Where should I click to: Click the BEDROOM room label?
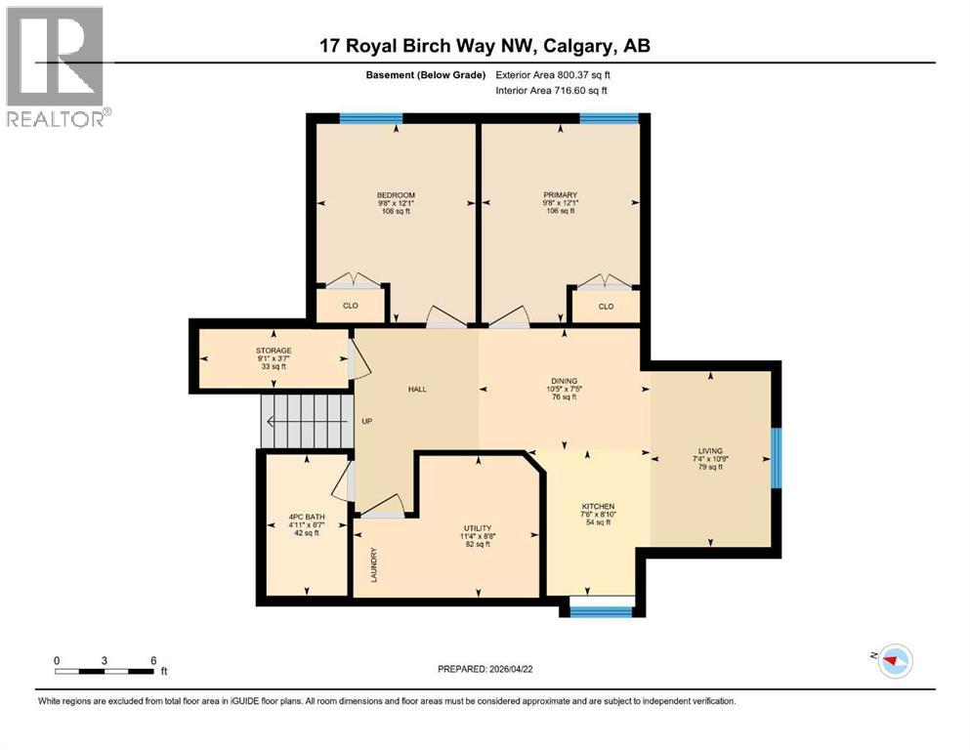[x=396, y=195]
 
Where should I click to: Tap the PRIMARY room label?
[x=561, y=195]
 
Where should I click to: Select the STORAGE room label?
[x=274, y=350]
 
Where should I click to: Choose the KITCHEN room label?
[x=598, y=506]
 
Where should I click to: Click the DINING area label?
[x=564, y=381]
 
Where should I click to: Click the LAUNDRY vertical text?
[x=374, y=564]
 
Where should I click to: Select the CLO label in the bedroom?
[x=350, y=306]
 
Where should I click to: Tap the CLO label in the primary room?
[x=606, y=306]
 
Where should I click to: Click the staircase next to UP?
[x=306, y=422]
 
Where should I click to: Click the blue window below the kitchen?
[x=601, y=612]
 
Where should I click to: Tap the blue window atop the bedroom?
[x=371, y=118]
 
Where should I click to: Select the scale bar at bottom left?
[x=105, y=671]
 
